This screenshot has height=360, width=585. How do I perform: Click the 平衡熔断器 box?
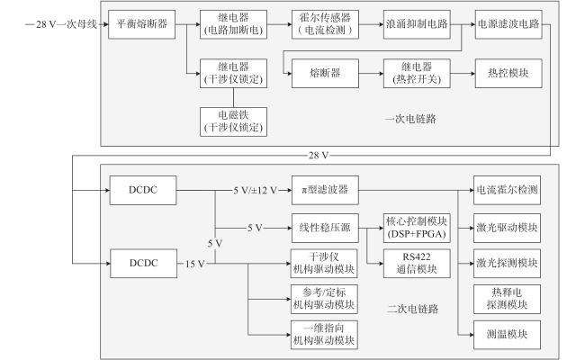coord(142,24)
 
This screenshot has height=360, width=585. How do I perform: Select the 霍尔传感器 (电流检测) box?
coord(325,24)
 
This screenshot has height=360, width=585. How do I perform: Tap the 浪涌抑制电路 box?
coord(417,24)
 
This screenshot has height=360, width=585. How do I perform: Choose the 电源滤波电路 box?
coord(508,24)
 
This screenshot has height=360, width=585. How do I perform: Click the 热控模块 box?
coord(508,74)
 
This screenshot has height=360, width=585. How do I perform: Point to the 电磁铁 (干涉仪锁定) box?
coord(234,122)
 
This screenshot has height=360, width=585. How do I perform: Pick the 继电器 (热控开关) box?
coord(417,74)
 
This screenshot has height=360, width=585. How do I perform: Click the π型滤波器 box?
coord(325,190)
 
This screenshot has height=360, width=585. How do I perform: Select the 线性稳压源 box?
coord(325,228)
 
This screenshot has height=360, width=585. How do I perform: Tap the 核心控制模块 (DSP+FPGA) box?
coord(417,228)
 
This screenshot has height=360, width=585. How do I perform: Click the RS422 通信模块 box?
coord(417,264)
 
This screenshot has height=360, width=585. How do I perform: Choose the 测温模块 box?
coord(507,335)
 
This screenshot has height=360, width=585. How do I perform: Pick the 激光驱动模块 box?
coord(507,228)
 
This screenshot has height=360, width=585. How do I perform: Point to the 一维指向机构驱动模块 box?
coord(324,335)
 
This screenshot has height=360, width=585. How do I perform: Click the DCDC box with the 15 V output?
coord(144,264)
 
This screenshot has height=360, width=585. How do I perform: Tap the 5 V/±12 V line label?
coord(256,191)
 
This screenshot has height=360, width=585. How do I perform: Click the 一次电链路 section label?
coord(410,119)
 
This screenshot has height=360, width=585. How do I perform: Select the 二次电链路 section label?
coord(412,309)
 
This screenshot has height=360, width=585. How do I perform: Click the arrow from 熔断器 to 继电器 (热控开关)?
coord(371,74)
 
